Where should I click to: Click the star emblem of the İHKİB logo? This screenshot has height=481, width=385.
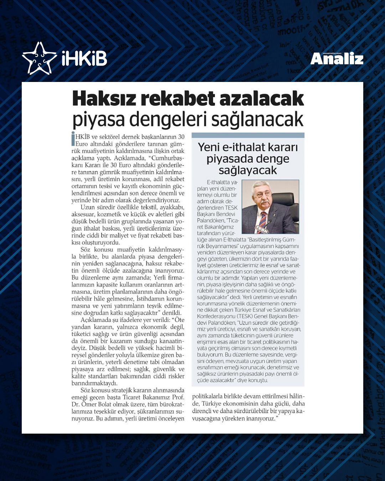coord(39,58)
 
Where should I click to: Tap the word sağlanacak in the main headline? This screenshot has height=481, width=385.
coord(257,120)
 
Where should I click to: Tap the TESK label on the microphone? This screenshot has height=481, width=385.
coord(262,229)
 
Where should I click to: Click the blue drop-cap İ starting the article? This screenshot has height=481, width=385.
coord(73,139)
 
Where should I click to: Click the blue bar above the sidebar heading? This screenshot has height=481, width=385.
coord(248,135)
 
